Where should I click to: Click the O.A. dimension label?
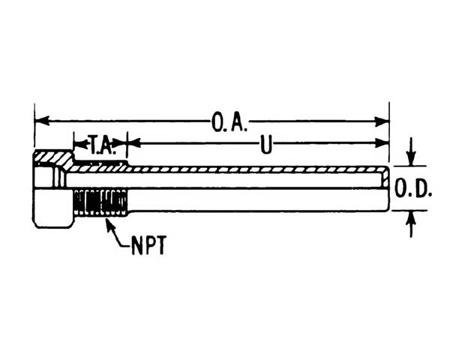[229, 122]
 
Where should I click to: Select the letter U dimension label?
[265, 145]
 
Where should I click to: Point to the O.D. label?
[413, 188]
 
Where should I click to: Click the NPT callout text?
[149, 245]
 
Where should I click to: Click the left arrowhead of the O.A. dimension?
[42, 121]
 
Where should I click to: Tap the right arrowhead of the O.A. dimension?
[382, 121]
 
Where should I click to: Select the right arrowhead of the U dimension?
[382, 142]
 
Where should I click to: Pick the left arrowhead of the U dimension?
[133, 142]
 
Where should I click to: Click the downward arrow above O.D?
[412, 151]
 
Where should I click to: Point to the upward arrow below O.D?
[412, 224]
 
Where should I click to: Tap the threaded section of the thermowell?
[100, 202]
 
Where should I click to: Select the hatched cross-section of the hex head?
[54, 157]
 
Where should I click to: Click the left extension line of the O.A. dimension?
[34, 126]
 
